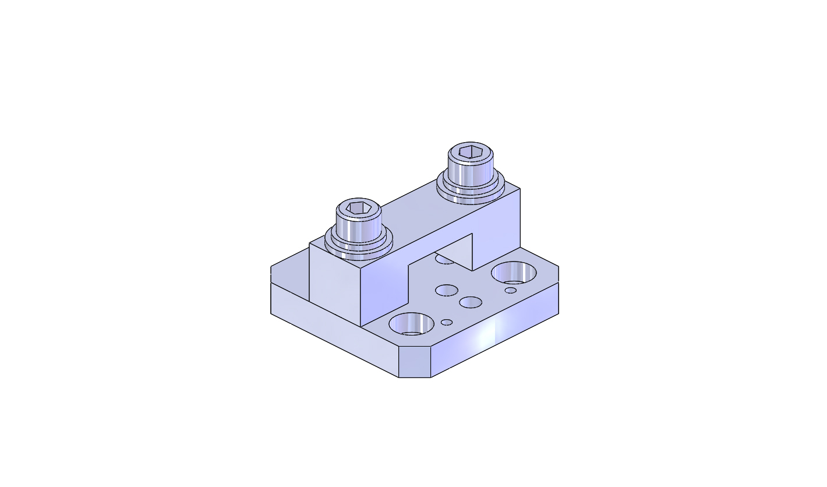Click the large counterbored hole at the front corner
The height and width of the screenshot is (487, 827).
(x=412, y=323)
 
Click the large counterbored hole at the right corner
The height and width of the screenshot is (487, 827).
(x=514, y=272)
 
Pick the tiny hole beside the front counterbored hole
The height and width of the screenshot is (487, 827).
(x=447, y=322)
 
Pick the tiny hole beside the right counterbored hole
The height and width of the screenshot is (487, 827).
(x=511, y=290)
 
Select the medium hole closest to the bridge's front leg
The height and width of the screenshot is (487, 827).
(x=447, y=290)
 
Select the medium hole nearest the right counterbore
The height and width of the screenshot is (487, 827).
(x=471, y=302)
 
